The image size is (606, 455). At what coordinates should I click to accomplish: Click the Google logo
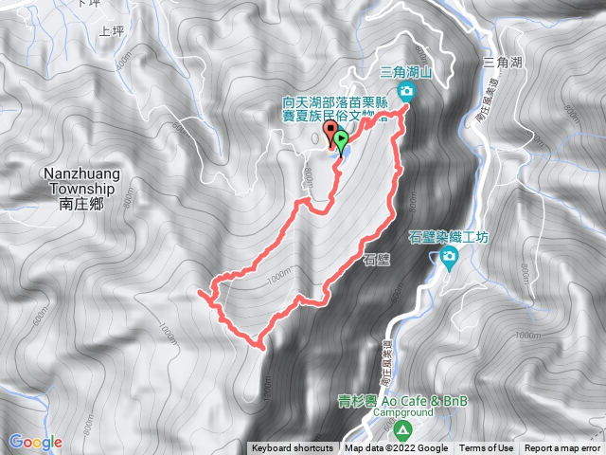coord(36,441)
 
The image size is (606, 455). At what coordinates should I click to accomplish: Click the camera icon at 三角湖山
coord(407,90)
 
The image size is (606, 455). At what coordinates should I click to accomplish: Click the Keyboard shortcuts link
coord(292,448)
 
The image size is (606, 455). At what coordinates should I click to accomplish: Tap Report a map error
coord(562,448)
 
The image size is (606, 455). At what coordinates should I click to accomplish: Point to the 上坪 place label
coord(112,31)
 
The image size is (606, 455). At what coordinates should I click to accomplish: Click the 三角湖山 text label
coord(406,71)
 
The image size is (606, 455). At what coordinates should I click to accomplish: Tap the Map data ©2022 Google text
coord(397,448)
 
